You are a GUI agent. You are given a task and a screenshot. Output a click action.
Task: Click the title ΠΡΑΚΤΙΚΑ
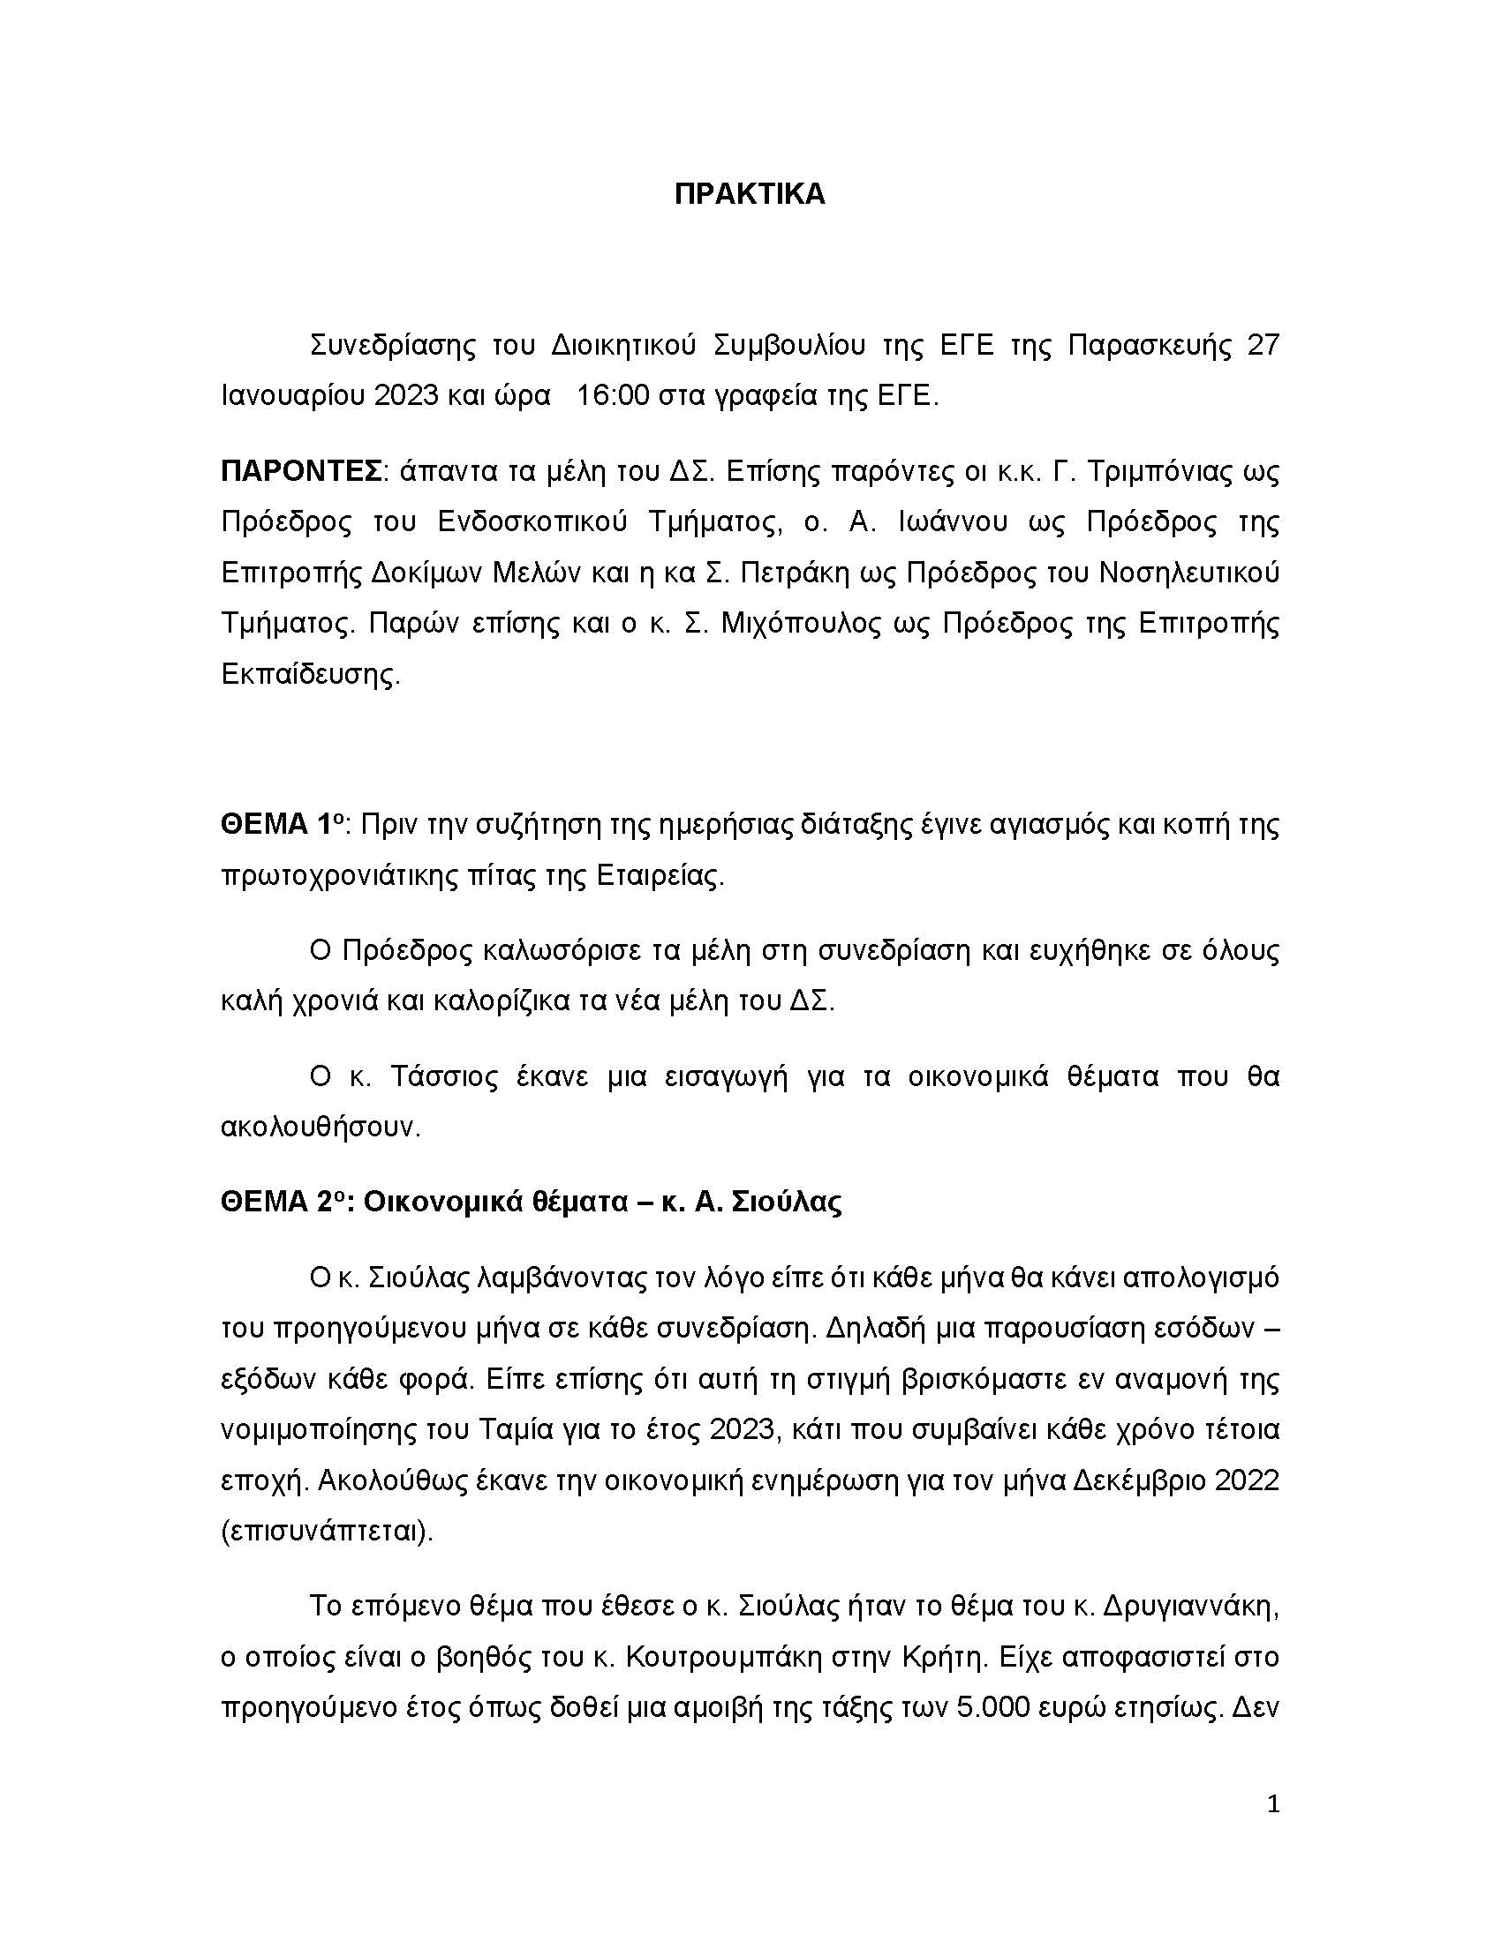(750, 195)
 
